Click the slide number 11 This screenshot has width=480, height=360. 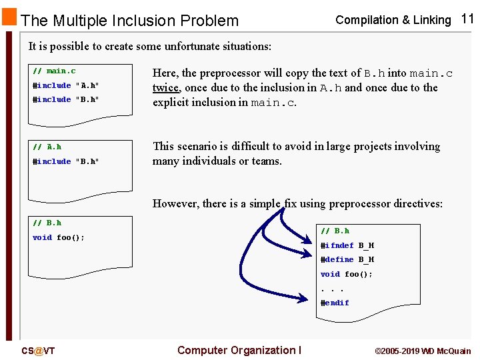467,19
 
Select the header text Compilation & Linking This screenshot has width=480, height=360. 393,20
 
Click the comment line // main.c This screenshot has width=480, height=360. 54,71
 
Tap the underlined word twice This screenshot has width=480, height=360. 165,87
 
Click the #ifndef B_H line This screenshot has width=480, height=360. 347,245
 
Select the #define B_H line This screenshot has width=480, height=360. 347,259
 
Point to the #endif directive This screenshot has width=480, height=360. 335,303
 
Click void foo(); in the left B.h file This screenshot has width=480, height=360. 59,237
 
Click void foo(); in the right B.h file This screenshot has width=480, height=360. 347,274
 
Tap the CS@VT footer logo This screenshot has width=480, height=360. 38,351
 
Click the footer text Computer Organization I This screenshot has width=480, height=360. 239,351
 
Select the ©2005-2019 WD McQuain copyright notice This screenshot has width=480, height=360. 423,351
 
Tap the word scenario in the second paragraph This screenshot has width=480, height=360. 199,146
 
